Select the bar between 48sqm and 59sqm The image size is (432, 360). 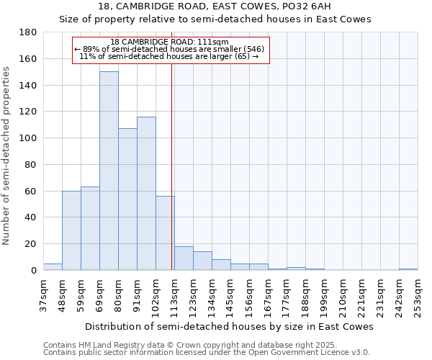click(71, 230)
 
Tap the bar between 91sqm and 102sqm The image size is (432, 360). click(146, 194)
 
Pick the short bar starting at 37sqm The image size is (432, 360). click(53, 267)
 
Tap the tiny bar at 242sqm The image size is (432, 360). click(408, 269)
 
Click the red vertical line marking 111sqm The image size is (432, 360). click(172, 180)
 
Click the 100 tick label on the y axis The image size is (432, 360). click(28, 138)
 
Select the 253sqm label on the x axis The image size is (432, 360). click(418, 296)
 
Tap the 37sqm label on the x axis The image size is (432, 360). click(44, 296)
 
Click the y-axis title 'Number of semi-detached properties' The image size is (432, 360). click(7, 156)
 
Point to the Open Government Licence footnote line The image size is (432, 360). click(206, 353)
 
